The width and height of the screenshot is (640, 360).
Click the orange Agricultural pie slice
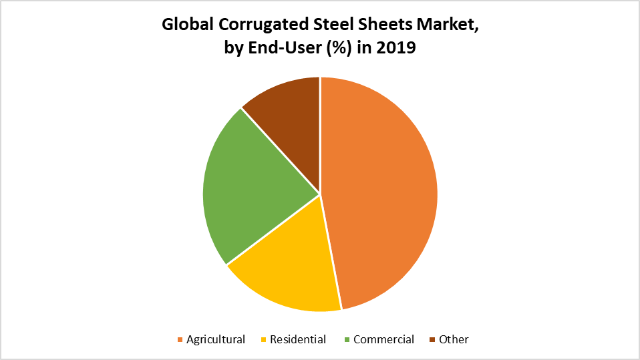point(381,194)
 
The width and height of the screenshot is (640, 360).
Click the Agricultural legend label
point(216,339)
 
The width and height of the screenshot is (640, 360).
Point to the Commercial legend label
point(383,339)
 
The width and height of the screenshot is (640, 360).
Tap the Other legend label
point(454,339)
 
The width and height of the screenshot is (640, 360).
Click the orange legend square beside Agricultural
point(180,340)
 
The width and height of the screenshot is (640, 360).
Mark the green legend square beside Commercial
point(347,340)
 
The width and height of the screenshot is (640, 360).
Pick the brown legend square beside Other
point(432,340)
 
